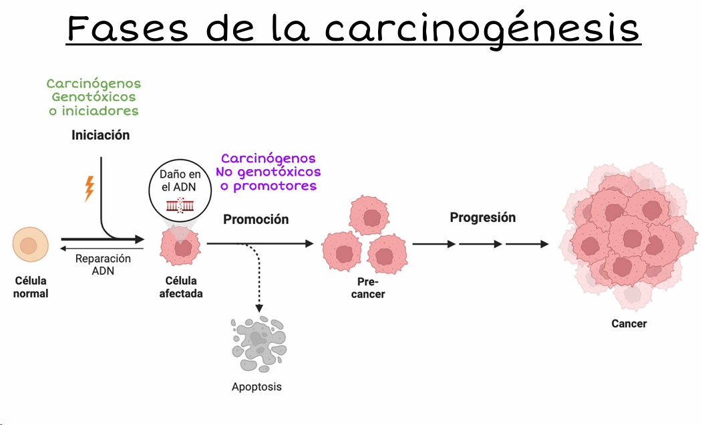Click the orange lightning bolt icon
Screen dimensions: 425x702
[x=89, y=188]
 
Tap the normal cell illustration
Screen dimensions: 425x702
[x=30, y=245]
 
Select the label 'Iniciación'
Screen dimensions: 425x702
[x=101, y=136]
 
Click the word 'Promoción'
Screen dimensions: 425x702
[x=256, y=219]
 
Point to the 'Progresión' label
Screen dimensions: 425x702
[x=482, y=217]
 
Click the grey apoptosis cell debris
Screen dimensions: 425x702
[x=258, y=344]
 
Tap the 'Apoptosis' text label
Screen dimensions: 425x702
[x=256, y=387]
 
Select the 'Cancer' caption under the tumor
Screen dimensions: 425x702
[x=629, y=324]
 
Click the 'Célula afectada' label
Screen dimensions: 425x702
[x=180, y=287]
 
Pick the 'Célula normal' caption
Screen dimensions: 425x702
[x=31, y=287]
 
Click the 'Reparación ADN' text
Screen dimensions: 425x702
[x=103, y=265]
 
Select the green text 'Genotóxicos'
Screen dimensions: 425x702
[x=94, y=98]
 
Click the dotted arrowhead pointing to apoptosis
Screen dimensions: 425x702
[x=258, y=308]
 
